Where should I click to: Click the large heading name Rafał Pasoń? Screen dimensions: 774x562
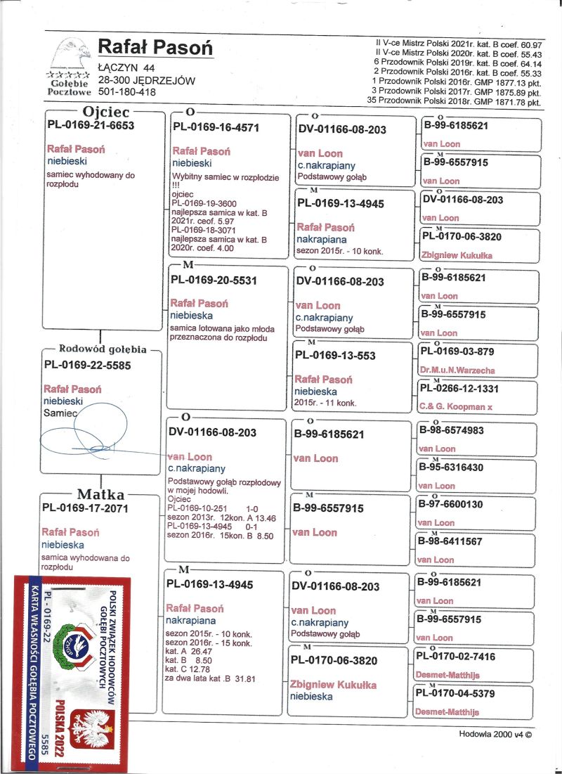[155, 47]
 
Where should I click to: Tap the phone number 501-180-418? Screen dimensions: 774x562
[127, 91]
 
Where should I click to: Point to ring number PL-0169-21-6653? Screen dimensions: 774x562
[90, 125]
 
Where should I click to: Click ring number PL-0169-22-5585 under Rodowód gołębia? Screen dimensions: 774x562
[87, 365]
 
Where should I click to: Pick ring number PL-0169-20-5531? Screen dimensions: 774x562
[216, 280]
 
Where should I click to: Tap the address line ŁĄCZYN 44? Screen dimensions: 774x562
[126, 68]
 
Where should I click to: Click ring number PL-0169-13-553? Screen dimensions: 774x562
[334, 356]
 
